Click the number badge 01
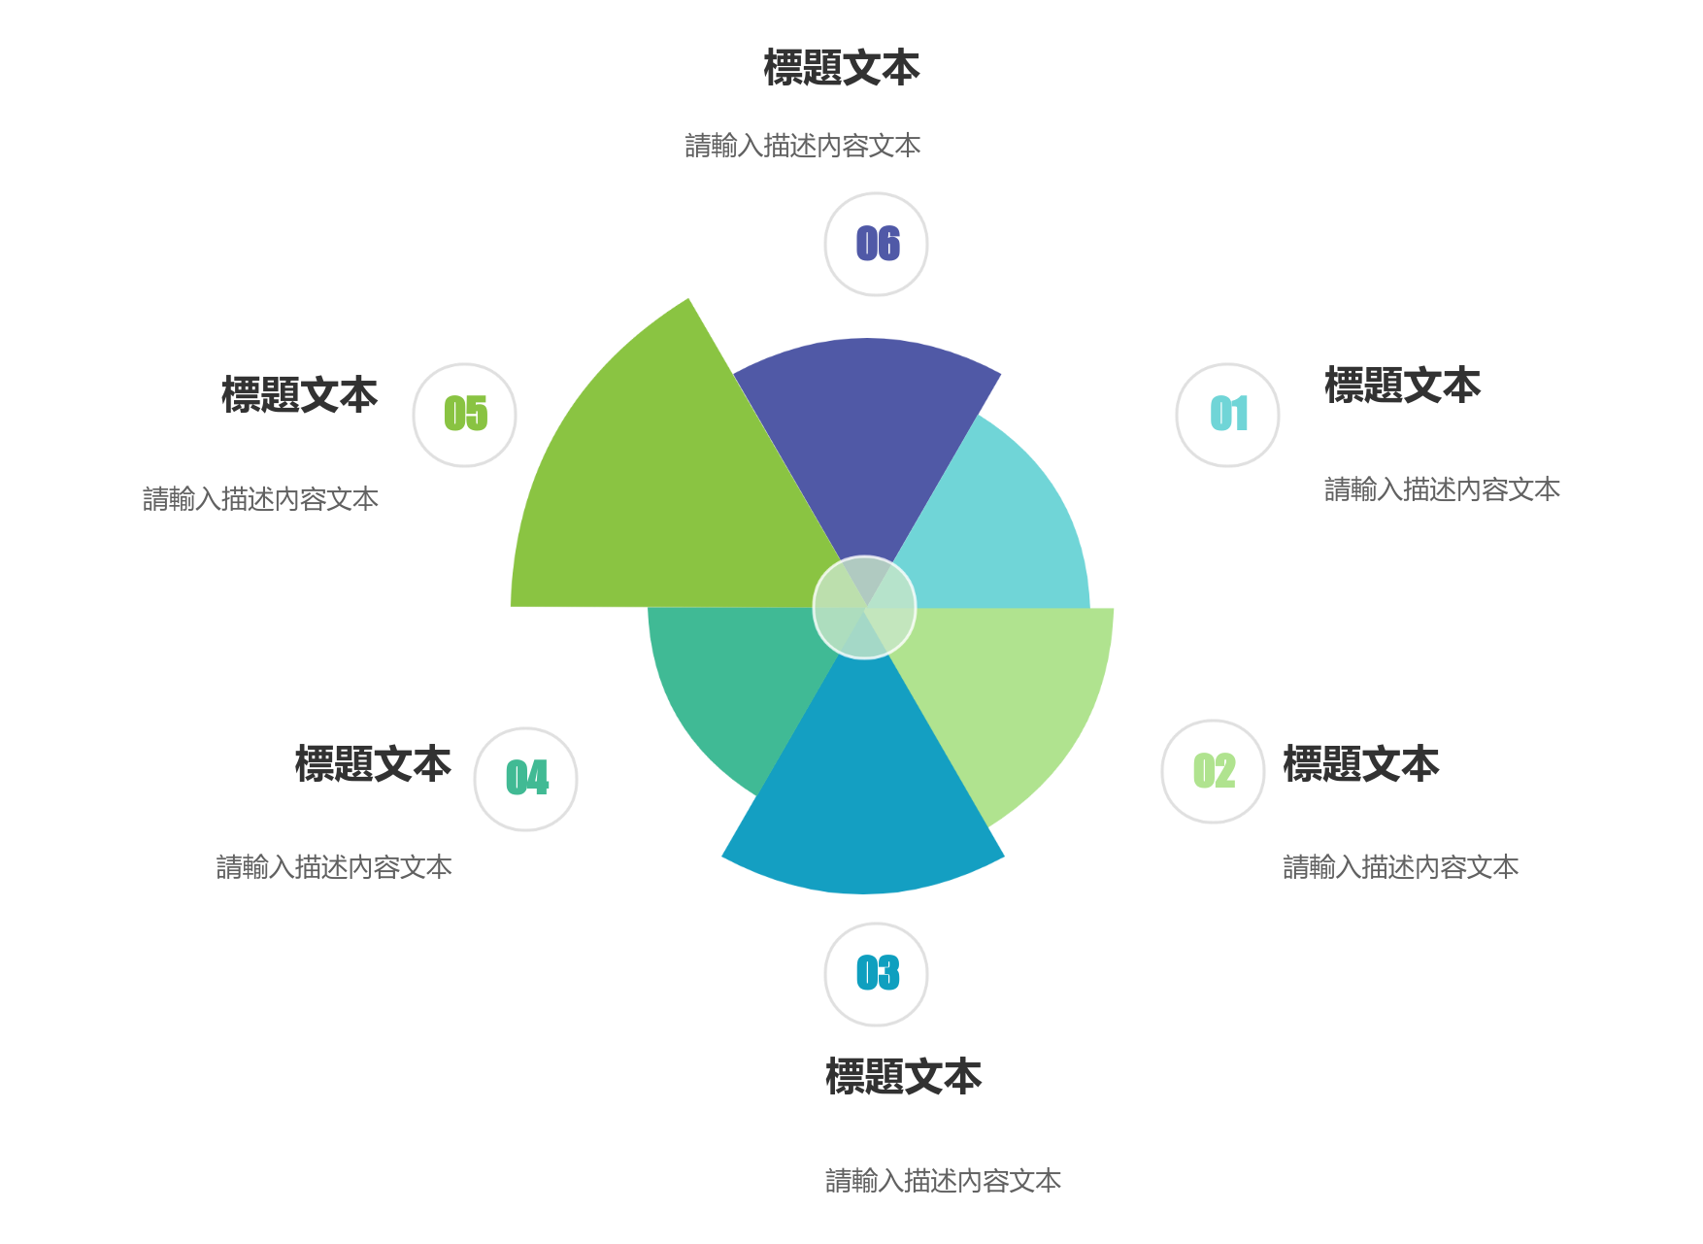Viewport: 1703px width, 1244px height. coord(1227,415)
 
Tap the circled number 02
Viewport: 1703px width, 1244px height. coord(1214,771)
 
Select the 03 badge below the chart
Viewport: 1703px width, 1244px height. coord(876,974)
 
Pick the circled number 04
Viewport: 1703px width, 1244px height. coord(526,779)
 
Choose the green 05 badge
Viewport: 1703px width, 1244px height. coord(465,415)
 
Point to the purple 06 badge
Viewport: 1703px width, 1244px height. coord(876,244)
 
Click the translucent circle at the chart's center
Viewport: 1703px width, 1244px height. coord(864,608)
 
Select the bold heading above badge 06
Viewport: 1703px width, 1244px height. coord(842,68)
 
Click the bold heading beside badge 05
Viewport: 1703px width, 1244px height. coord(299,395)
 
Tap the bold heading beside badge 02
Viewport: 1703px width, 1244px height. coord(1361,764)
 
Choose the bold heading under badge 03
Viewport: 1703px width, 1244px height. coord(904,1077)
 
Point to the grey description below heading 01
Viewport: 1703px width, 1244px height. coord(1442,489)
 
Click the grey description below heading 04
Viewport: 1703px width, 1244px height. coord(334,867)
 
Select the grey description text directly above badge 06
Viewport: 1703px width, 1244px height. coord(803,146)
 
